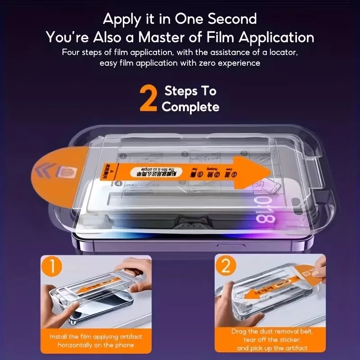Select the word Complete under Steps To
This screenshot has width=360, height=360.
click(x=190, y=107)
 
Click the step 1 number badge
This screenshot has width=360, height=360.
click(x=53, y=266)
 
